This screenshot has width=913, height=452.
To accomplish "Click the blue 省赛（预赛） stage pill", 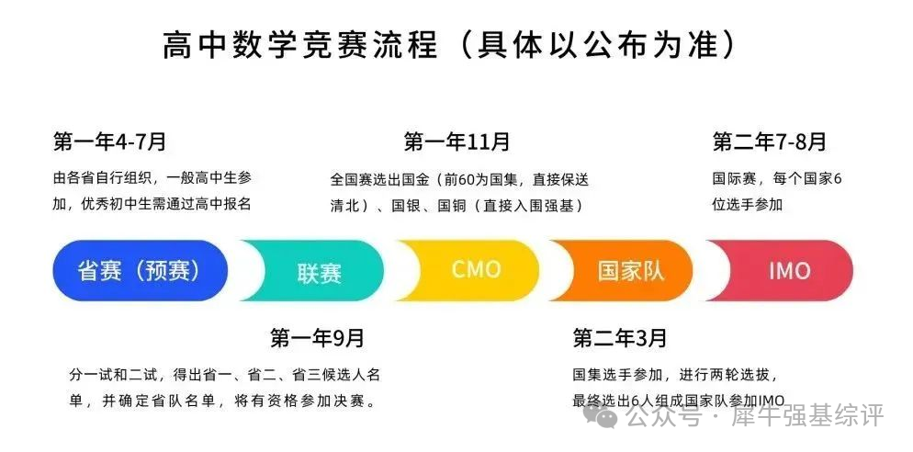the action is click(140, 270).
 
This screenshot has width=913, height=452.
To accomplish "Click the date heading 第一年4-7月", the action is click(109, 141).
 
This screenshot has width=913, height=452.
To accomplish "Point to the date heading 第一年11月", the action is click(456, 141).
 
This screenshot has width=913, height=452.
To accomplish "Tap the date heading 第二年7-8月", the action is click(769, 141).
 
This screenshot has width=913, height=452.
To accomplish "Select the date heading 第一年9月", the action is click(317, 338).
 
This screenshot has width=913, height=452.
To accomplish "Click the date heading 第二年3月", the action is click(619, 338).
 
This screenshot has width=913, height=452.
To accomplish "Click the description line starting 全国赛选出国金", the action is click(460, 179).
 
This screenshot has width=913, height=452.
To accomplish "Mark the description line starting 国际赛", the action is click(777, 178).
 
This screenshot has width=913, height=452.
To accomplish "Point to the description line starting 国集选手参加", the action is click(674, 373).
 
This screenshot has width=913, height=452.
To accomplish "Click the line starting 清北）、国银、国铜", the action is click(456, 206).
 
